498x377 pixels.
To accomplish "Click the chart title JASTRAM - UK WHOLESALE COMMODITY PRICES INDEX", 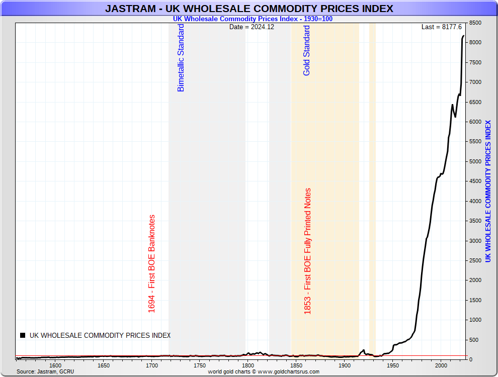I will pos(249,9).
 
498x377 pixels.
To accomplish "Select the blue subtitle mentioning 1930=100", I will pos(253,19).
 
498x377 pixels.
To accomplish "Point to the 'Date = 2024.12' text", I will pos(252,27).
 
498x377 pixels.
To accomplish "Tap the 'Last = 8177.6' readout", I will pos(441,27).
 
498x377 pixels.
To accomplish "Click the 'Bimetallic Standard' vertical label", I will pos(181,58).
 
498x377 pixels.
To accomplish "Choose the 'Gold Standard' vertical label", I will pos(307,50).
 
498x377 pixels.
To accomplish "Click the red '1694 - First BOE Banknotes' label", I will pos(152,264).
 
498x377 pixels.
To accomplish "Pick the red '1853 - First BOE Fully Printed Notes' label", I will pos(307,251).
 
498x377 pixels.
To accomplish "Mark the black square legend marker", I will pos(22,335).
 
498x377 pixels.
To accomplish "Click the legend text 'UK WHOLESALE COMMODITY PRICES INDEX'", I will pos(100,335).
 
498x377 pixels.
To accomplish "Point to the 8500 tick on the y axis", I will pos(475,23).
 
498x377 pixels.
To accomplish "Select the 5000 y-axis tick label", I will pos(475,161).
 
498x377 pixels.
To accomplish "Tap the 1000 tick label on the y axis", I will pos(475,320).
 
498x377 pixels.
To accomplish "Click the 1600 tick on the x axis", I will pos(55,365).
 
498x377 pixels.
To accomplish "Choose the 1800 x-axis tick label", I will pos(248,365).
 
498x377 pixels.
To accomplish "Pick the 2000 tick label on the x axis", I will pos(441,365).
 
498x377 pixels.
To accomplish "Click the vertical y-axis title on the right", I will pos(488,191).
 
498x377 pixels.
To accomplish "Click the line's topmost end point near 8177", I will pos(463,36).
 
